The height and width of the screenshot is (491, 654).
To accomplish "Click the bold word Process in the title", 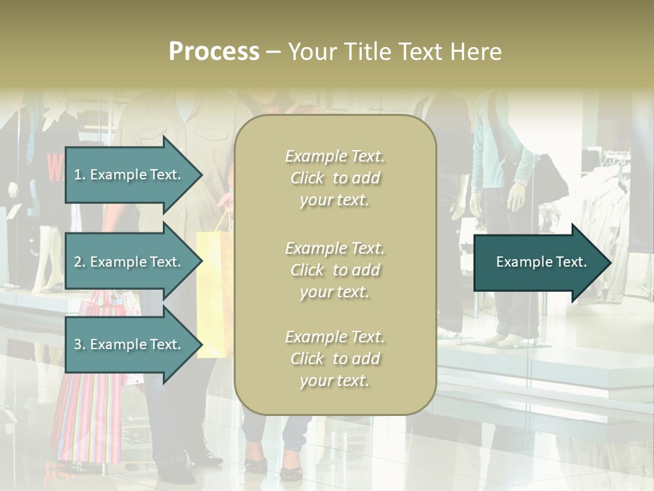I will click(214, 52).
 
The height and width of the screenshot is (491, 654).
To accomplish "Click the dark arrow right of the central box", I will click(538, 262).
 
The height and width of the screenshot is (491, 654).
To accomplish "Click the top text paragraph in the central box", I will click(334, 178).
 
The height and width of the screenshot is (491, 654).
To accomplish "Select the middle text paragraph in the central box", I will click(334, 270).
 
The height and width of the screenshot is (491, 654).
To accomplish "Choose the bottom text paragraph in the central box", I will click(334, 359).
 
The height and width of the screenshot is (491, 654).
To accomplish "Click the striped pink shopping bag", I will click(89, 416).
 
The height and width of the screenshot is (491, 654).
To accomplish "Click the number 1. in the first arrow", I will click(80, 175).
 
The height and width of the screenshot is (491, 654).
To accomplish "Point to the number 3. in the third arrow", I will click(80, 344).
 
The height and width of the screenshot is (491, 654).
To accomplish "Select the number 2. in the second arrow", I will click(80, 262).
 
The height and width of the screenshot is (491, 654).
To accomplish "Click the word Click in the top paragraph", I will click(307, 178).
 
